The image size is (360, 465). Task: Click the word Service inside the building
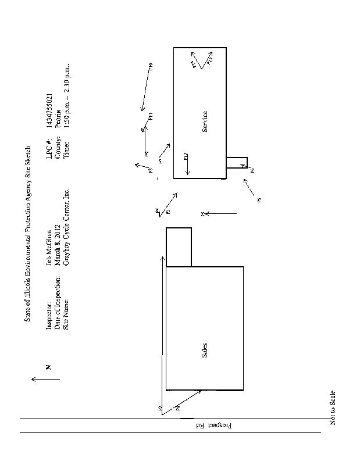tap(205, 121)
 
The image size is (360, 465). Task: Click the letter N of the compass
tap(49, 367)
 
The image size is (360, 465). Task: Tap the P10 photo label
tap(150, 66)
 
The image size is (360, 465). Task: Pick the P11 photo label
tap(150, 116)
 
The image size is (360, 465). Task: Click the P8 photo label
tap(149, 171)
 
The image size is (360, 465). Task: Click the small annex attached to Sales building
tap(179, 247)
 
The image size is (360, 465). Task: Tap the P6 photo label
tap(252, 170)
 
